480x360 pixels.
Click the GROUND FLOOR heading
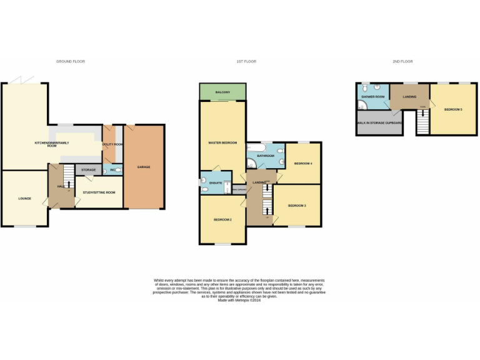pos(70,61)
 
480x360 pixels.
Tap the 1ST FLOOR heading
pos(246,61)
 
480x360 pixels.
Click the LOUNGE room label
pos(24,199)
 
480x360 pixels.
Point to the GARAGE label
pos(144,167)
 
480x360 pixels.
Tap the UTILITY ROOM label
pos(112,144)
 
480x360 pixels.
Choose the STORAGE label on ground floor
pos(88,169)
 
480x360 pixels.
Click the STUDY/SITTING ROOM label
pos(99,193)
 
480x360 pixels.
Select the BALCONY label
pos(222,92)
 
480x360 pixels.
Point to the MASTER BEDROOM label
pos(222,143)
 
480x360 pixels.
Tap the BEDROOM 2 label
pos(222,220)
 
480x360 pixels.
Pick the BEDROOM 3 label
pos(297,205)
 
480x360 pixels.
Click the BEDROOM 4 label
pos(303,163)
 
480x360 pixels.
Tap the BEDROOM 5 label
pos(453,109)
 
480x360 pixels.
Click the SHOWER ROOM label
pos(373,97)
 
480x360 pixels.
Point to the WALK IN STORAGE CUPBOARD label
pos(379,123)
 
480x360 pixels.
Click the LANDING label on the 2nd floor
pos(410,97)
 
